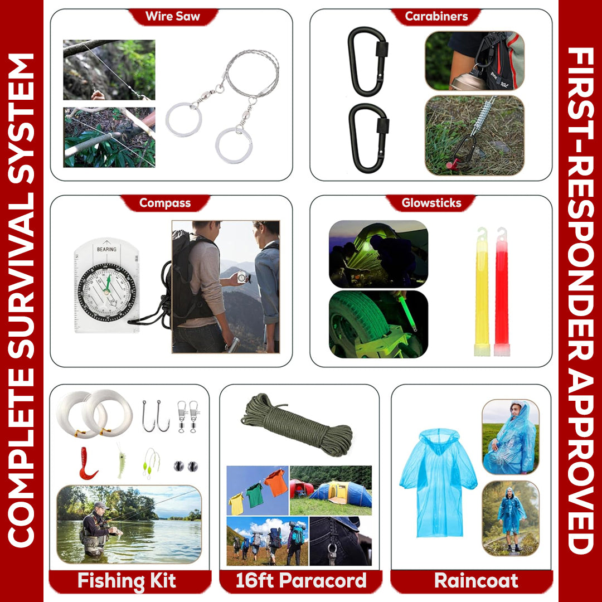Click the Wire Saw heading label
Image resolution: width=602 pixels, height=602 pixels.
tap(172, 16)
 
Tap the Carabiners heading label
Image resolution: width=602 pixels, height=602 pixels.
tap(436, 16)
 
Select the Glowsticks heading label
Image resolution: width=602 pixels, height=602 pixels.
tap(431, 203)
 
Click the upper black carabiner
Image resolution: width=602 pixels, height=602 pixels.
tap(367, 61)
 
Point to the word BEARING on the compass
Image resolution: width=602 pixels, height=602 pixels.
tap(106, 249)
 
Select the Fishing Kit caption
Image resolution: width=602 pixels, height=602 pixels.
tap(127, 580)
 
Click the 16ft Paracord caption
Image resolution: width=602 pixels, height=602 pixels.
tap(301, 580)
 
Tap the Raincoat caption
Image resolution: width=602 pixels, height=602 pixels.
tap(476, 580)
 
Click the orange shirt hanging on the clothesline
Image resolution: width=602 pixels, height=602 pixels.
tap(276, 483)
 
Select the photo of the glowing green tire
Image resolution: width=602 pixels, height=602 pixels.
tap(378, 324)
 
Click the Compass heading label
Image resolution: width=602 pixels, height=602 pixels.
tap(165, 203)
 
